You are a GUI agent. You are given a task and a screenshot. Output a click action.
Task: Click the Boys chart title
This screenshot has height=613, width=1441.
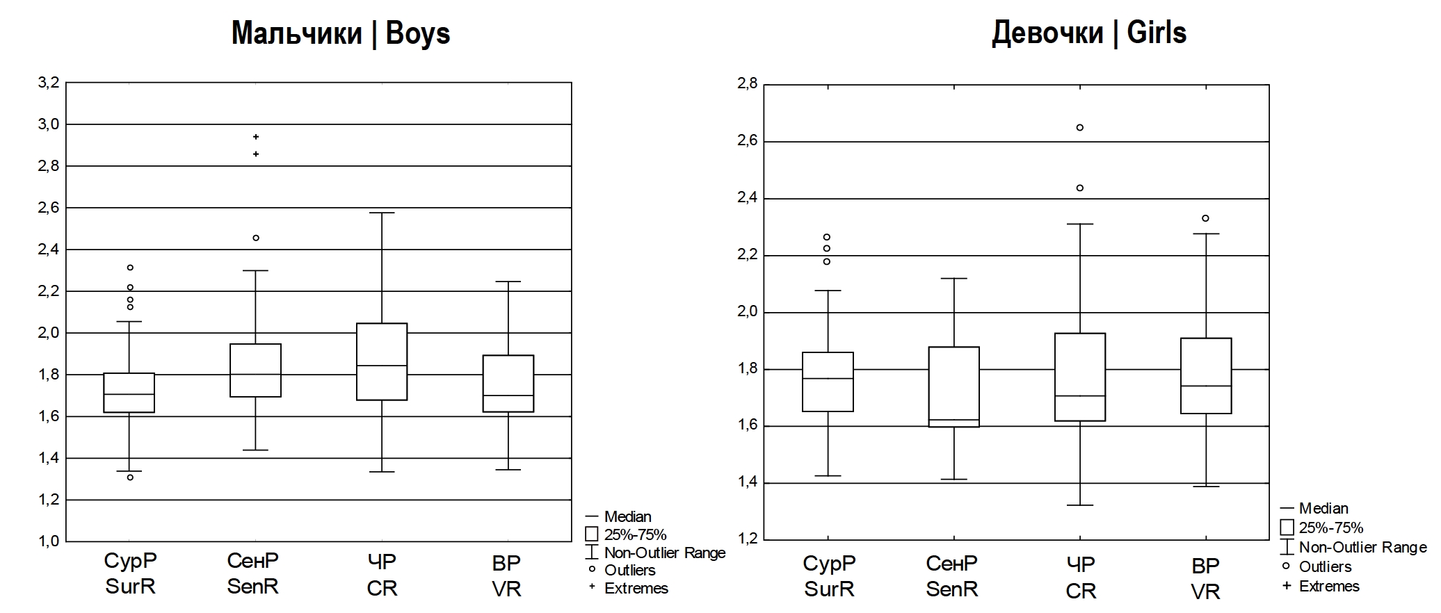coord(341,33)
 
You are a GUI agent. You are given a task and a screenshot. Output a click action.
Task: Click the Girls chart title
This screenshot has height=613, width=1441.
coord(1088,33)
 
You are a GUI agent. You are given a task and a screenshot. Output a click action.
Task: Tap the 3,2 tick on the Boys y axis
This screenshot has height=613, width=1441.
coord(49,83)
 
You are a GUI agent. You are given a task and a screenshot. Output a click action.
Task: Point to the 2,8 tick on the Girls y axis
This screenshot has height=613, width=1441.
coord(746,85)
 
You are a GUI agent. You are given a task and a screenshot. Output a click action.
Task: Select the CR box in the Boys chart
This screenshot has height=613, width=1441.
coord(382,361)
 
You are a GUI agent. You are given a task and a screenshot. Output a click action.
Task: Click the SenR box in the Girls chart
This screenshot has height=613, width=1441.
coord(953,386)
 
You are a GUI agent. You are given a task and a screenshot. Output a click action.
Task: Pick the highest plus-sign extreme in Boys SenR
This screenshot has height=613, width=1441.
coord(256,137)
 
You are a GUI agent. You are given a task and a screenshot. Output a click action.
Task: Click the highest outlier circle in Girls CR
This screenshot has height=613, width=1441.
coord(1080,128)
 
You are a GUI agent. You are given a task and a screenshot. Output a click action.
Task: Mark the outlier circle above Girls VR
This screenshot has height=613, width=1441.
coord(1206,218)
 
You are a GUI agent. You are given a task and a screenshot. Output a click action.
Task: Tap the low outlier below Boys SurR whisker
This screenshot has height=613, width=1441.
coord(130,477)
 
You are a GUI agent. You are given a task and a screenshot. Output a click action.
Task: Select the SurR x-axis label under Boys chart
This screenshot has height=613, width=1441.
coord(130,573)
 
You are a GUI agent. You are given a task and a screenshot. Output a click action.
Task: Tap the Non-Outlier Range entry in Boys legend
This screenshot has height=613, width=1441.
coord(664,553)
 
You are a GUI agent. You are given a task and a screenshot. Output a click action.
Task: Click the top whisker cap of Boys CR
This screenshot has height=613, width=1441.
coord(382,213)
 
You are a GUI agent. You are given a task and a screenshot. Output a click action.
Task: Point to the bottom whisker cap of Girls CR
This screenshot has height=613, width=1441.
coord(1080,505)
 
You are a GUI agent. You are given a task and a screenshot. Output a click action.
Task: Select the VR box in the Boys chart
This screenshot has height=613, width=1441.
coord(508,384)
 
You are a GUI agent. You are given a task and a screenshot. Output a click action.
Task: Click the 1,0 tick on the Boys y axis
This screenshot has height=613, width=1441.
coord(49,541)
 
